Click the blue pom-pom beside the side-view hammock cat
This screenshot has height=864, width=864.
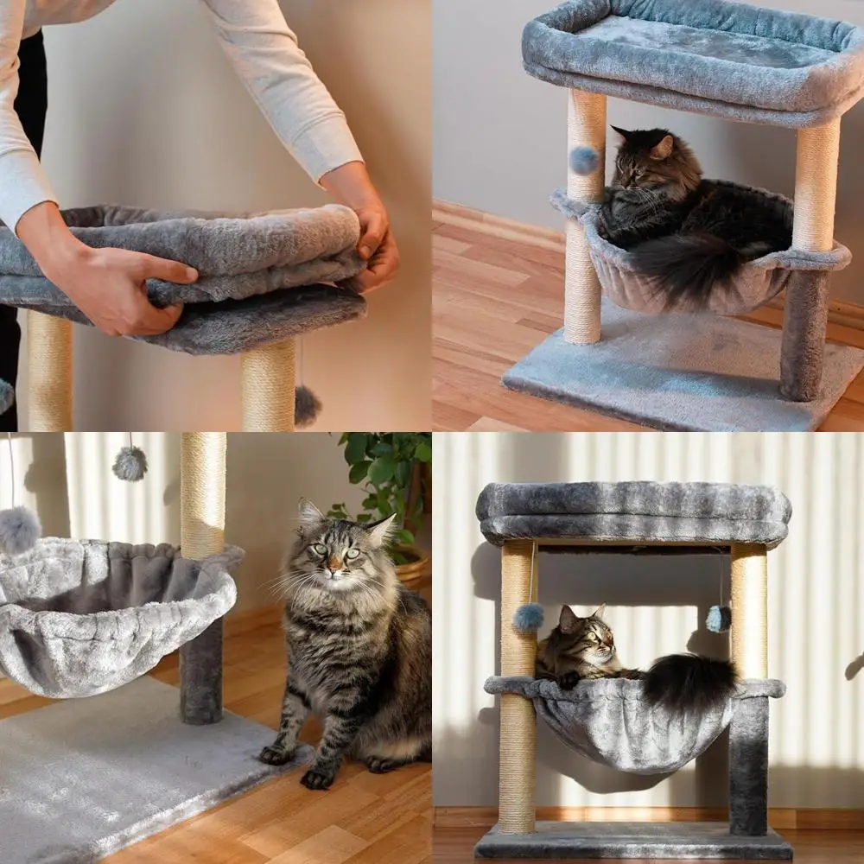pos(584,159)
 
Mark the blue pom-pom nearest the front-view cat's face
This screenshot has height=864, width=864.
pos(528,616)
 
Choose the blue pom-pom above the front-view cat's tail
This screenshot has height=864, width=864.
pos(718,618)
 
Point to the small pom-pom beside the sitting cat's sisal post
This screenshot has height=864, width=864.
pos(130,464)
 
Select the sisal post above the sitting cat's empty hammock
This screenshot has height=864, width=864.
pos(203,492)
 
